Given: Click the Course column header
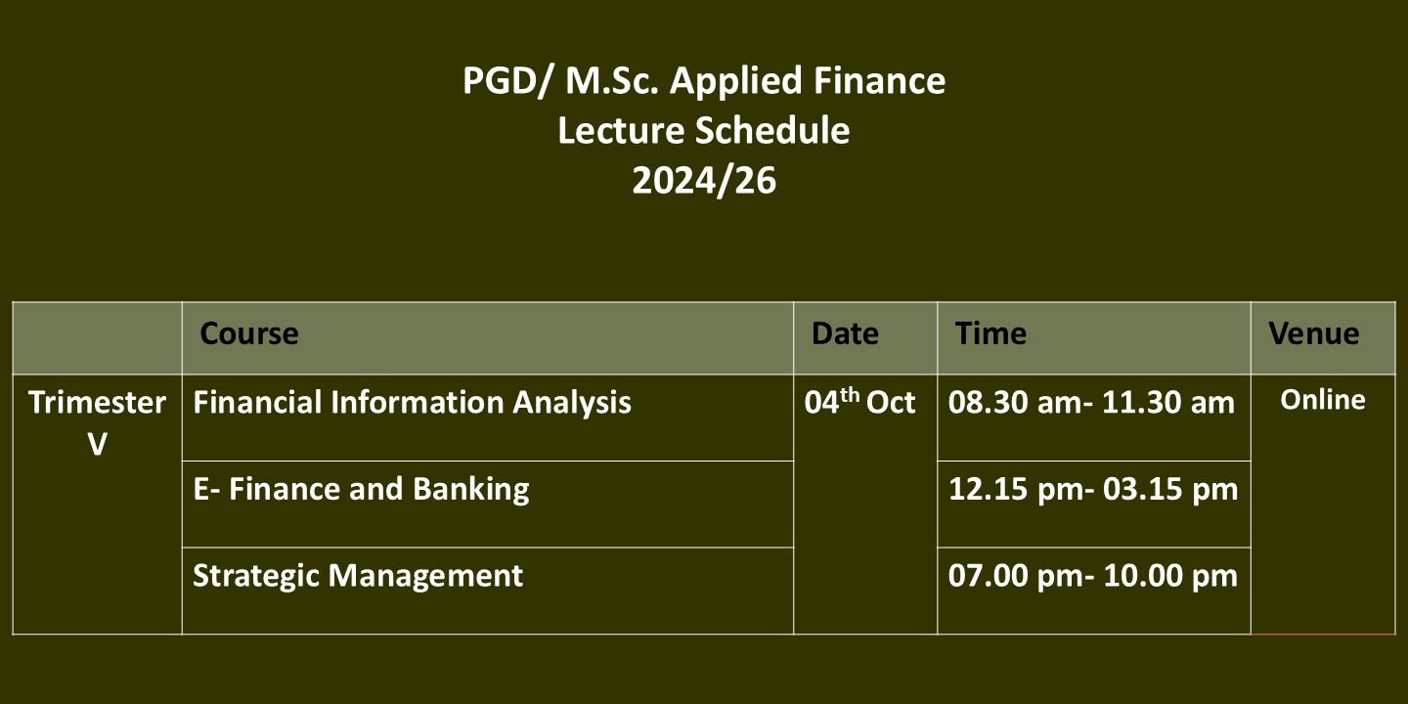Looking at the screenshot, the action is click(249, 333).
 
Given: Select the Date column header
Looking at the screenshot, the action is click(845, 333).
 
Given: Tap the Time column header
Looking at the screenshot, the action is click(990, 333).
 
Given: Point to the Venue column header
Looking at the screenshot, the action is click(1314, 333).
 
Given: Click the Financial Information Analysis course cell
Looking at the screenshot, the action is click(412, 403).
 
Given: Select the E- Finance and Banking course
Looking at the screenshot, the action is click(361, 490).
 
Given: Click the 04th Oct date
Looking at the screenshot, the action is click(859, 401).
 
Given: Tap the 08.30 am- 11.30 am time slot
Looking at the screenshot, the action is click(1091, 403).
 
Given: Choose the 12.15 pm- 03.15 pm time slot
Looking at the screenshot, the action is click(1093, 490).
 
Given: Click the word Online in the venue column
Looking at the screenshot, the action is click(1323, 401).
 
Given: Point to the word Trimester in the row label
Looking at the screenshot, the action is click(98, 403).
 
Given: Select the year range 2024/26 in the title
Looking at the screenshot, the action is click(704, 181).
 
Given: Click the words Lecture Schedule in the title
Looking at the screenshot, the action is click(704, 131).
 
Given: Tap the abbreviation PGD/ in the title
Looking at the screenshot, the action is click(506, 82).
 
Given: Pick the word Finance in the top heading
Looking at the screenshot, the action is click(879, 80).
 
